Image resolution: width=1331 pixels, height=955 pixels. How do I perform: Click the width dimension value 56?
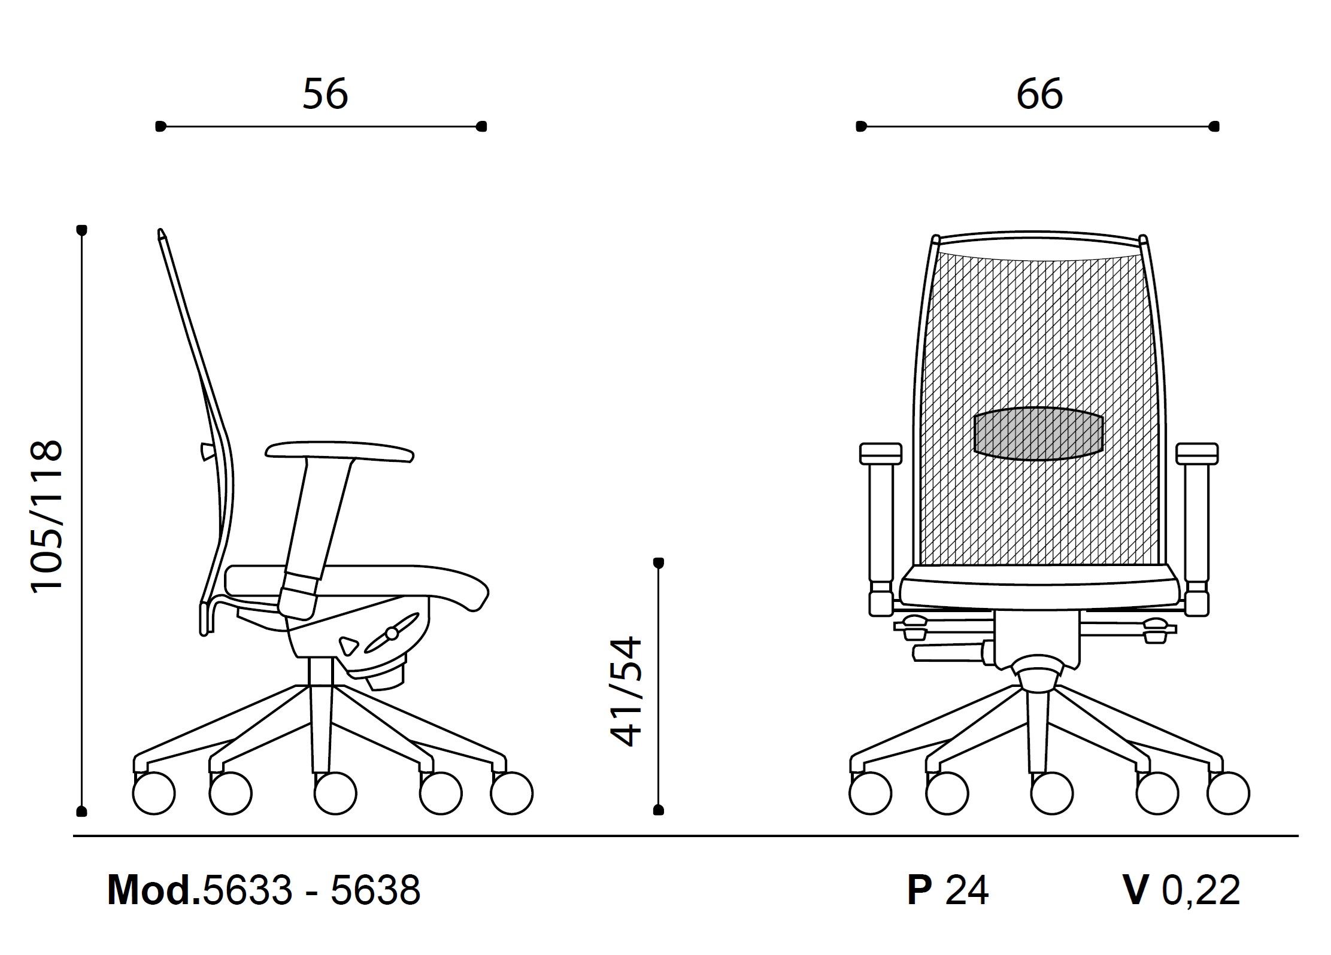(325, 94)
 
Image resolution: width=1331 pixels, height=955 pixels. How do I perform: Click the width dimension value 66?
(1039, 94)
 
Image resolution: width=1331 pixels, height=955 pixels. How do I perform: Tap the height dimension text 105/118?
(46, 516)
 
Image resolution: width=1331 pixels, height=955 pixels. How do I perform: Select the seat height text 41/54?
(625, 691)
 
